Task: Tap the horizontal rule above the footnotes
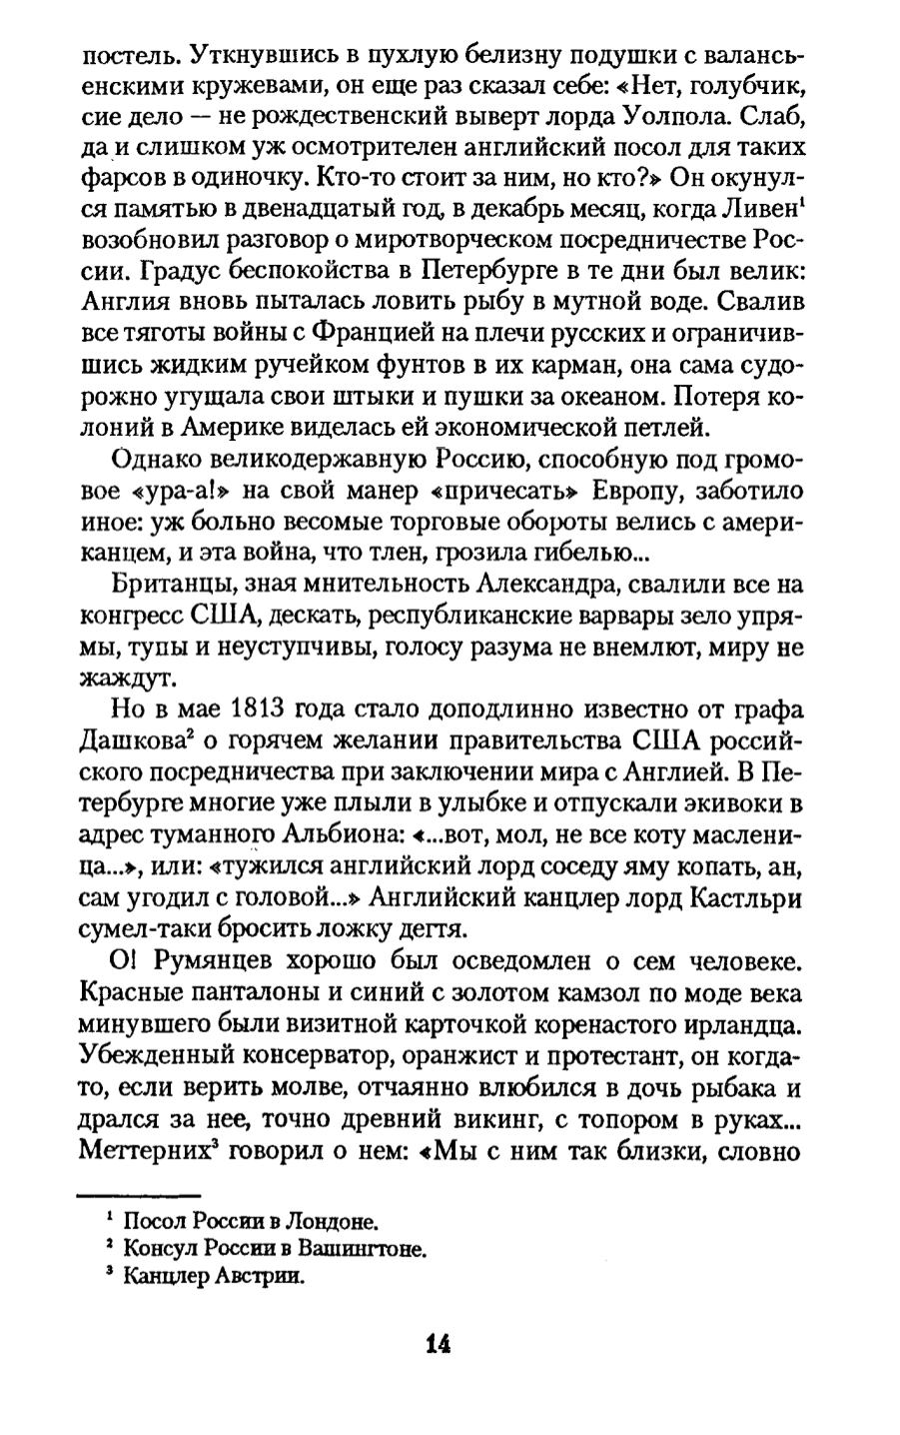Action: tap(139, 1195)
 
